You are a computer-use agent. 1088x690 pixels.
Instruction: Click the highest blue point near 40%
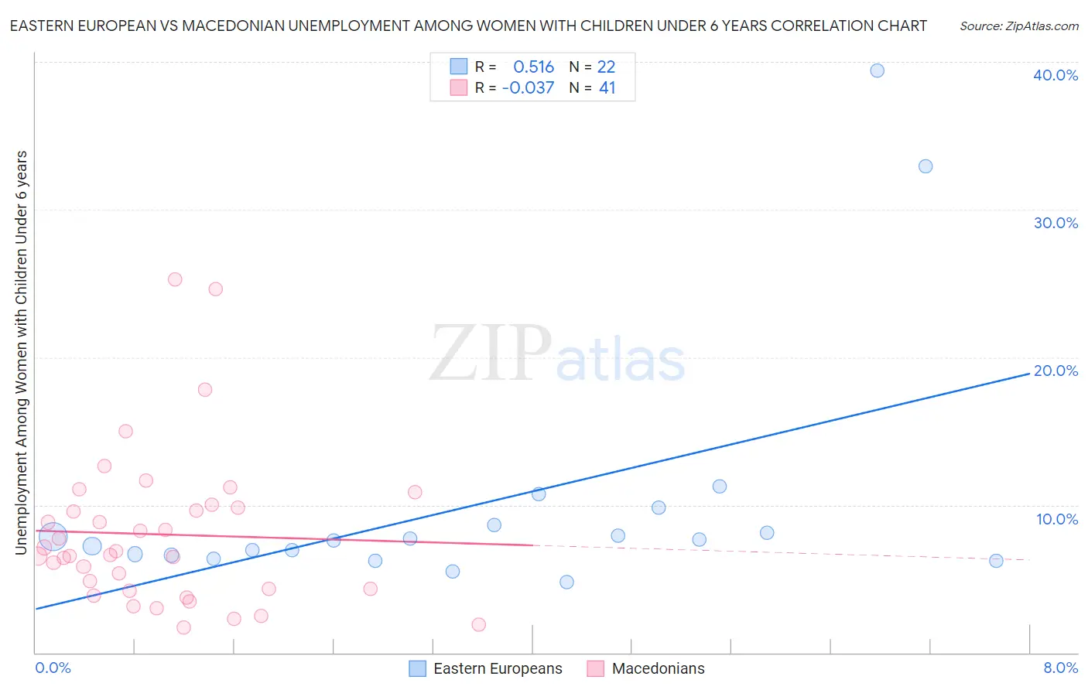tap(877, 70)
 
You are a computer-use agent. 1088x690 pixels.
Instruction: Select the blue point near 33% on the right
tap(925, 166)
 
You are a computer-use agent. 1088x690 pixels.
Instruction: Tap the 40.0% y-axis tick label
tap(1055, 75)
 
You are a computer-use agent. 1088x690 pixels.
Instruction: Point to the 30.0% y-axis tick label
tap(1055, 223)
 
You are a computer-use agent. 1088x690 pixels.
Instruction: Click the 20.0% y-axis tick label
tap(1055, 371)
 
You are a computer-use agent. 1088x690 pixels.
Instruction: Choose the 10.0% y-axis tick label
tap(1057, 519)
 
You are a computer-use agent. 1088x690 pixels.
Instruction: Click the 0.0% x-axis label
tap(53, 668)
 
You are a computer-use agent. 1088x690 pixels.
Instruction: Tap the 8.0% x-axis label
tap(1060, 668)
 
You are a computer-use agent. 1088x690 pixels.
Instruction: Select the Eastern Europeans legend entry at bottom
tap(498, 668)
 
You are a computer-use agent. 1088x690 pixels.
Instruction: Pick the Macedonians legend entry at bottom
tap(658, 668)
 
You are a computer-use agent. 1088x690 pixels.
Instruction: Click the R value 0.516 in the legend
tap(533, 67)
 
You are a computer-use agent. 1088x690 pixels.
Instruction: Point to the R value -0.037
tap(528, 88)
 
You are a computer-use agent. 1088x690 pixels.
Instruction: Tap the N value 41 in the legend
tap(607, 88)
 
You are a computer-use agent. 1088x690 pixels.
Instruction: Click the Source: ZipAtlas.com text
tap(1018, 26)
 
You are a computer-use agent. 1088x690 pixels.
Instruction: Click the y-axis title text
tap(21, 352)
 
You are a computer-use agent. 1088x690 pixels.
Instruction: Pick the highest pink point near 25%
tap(175, 279)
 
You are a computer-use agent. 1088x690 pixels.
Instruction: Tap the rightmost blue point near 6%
tap(996, 561)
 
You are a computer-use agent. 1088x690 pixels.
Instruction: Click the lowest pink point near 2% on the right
tap(478, 624)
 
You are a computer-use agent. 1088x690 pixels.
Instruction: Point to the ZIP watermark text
tap(491, 354)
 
